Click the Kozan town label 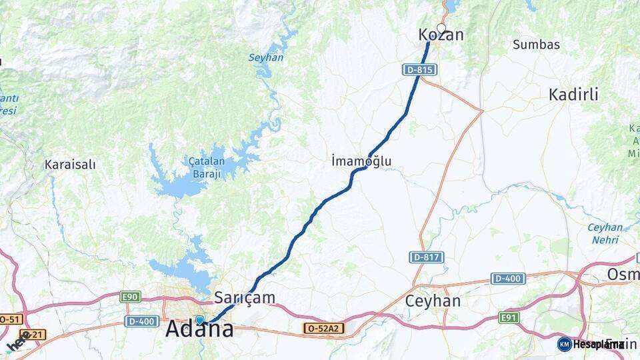tap(441, 35)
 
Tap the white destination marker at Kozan tap(441, 28)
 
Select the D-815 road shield tap(419, 69)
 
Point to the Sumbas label tap(536, 45)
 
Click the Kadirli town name tap(573, 94)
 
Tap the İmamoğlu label tap(361, 161)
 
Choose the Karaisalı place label tap(70, 164)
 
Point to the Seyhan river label tap(266, 57)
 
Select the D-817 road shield tap(427, 257)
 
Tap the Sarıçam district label tap(245, 297)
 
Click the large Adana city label tap(199, 329)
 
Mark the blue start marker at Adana tap(199, 320)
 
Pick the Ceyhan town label tap(433, 301)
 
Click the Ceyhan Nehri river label tap(605, 233)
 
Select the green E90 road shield tap(130, 295)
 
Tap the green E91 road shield tap(509, 317)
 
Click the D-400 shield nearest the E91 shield tap(508, 278)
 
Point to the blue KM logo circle tap(565, 344)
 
